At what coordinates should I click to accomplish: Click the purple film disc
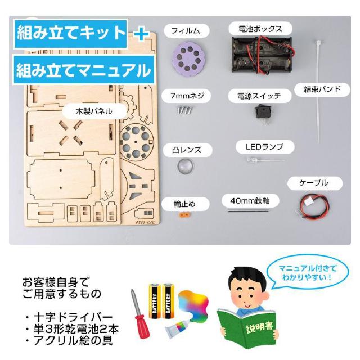coord(188,60)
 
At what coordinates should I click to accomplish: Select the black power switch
coord(263,114)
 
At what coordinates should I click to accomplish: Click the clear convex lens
coord(185,166)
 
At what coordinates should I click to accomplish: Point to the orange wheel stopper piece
coord(184,215)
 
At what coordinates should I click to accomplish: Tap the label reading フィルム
coord(186,31)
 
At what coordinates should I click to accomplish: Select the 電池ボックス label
coord(260,29)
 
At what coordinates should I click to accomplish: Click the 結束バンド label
coord(322,89)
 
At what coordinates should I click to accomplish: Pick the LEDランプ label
coord(265,147)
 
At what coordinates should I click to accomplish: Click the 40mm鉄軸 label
coord(250,201)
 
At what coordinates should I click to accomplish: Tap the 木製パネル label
coord(94,111)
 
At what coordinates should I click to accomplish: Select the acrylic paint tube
coord(179,327)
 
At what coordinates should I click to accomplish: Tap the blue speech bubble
coord(307,272)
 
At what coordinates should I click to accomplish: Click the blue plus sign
coord(141,34)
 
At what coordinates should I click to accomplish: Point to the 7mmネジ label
coord(187,96)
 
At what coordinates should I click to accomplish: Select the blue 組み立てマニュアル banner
coord(84,70)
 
